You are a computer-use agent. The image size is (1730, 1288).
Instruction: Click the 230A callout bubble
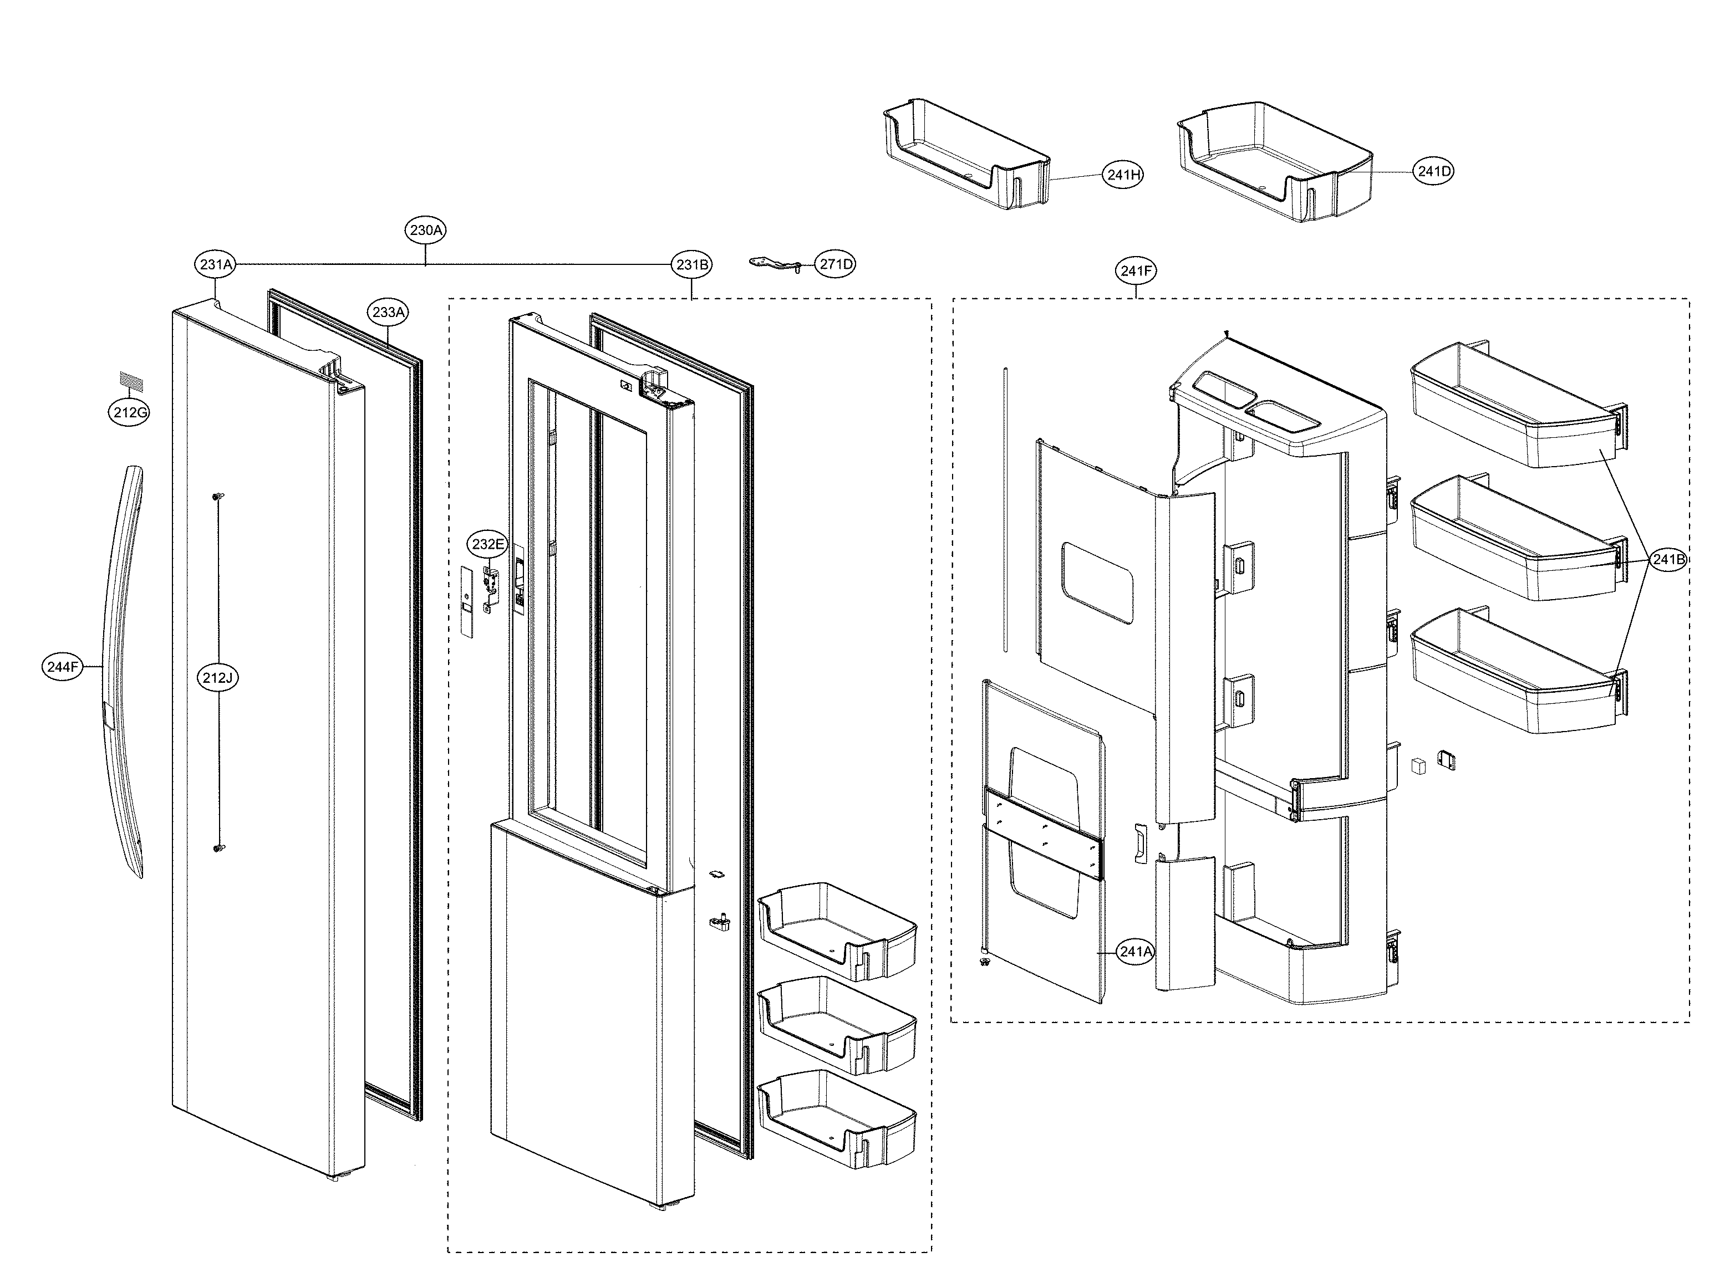(x=426, y=230)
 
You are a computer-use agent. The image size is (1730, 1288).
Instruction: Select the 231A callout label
(x=215, y=265)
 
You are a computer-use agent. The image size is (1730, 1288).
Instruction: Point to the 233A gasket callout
(x=389, y=313)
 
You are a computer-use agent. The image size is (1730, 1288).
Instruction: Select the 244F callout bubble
(x=63, y=667)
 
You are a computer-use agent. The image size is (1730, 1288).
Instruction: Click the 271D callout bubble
(x=836, y=264)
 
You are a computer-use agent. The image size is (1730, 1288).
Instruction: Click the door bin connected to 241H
(x=967, y=156)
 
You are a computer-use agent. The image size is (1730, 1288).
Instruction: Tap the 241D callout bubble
(x=1433, y=171)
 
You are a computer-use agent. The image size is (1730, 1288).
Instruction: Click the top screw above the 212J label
(x=218, y=496)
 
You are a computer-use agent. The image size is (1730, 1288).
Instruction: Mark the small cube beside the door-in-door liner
(x=1418, y=765)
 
